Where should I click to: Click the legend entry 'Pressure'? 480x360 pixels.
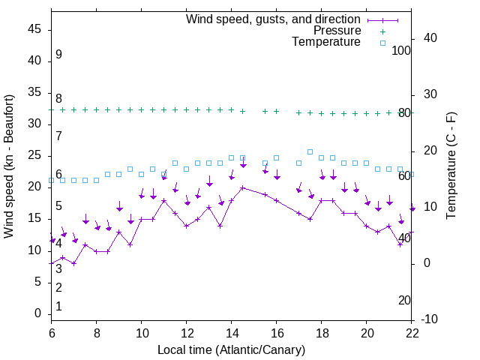(337, 31)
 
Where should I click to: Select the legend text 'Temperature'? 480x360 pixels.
(326, 42)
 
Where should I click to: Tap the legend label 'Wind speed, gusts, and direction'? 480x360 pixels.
(273, 19)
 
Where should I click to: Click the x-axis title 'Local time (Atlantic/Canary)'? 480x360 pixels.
(232, 349)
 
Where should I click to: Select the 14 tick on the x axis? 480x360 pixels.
(232, 334)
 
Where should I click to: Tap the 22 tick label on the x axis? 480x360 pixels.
(412, 334)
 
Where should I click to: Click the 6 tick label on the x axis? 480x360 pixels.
(52, 334)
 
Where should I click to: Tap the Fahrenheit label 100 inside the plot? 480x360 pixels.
(401, 50)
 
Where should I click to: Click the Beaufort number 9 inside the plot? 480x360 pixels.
(58, 55)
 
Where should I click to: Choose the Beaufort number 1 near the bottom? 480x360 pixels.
(58, 307)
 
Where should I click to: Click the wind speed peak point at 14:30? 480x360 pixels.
(243, 187)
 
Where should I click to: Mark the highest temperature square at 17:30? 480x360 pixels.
(310, 151)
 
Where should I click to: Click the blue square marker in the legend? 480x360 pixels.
(382, 43)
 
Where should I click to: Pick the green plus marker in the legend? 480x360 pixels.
(382, 31)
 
